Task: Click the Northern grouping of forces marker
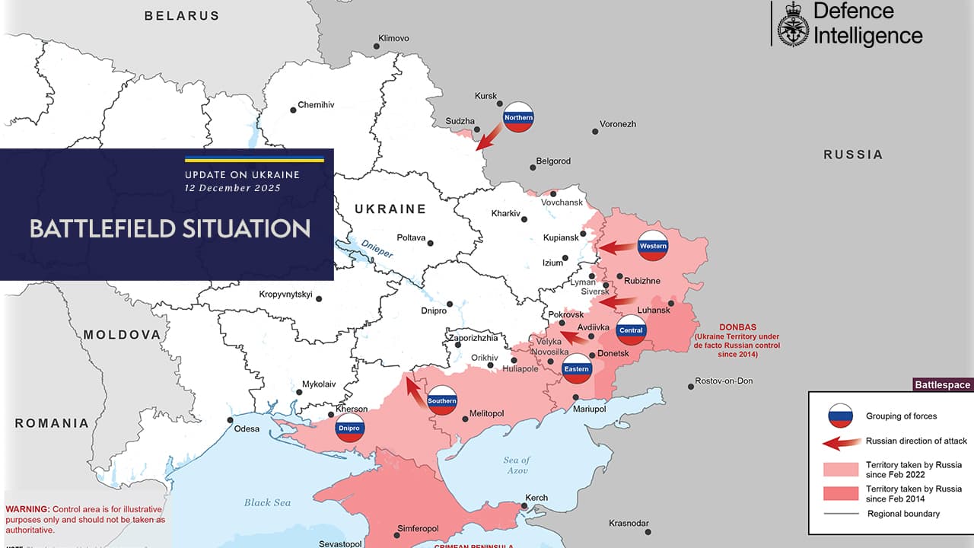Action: point(519,117)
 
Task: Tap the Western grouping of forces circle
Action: point(653,245)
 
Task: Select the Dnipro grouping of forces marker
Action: point(350,429)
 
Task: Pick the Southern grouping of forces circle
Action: point(442,400)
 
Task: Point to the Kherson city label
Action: point(352,409)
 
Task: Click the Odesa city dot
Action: point(230,419)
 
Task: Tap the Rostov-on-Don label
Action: point(724,381)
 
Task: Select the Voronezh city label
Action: point(617,124)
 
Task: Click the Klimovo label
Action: point(393,38)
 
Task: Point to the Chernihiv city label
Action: point(316,105)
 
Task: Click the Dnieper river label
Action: point(377,248)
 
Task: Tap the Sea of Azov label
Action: point(516,465)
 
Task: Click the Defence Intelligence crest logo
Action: point(793,24)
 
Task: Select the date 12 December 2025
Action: point(233,188)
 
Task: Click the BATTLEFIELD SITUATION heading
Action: point(170,228)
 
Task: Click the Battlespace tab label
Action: point(942,385)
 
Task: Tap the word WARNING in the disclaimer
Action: point(27,508)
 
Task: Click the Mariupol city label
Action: point(589,409)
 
